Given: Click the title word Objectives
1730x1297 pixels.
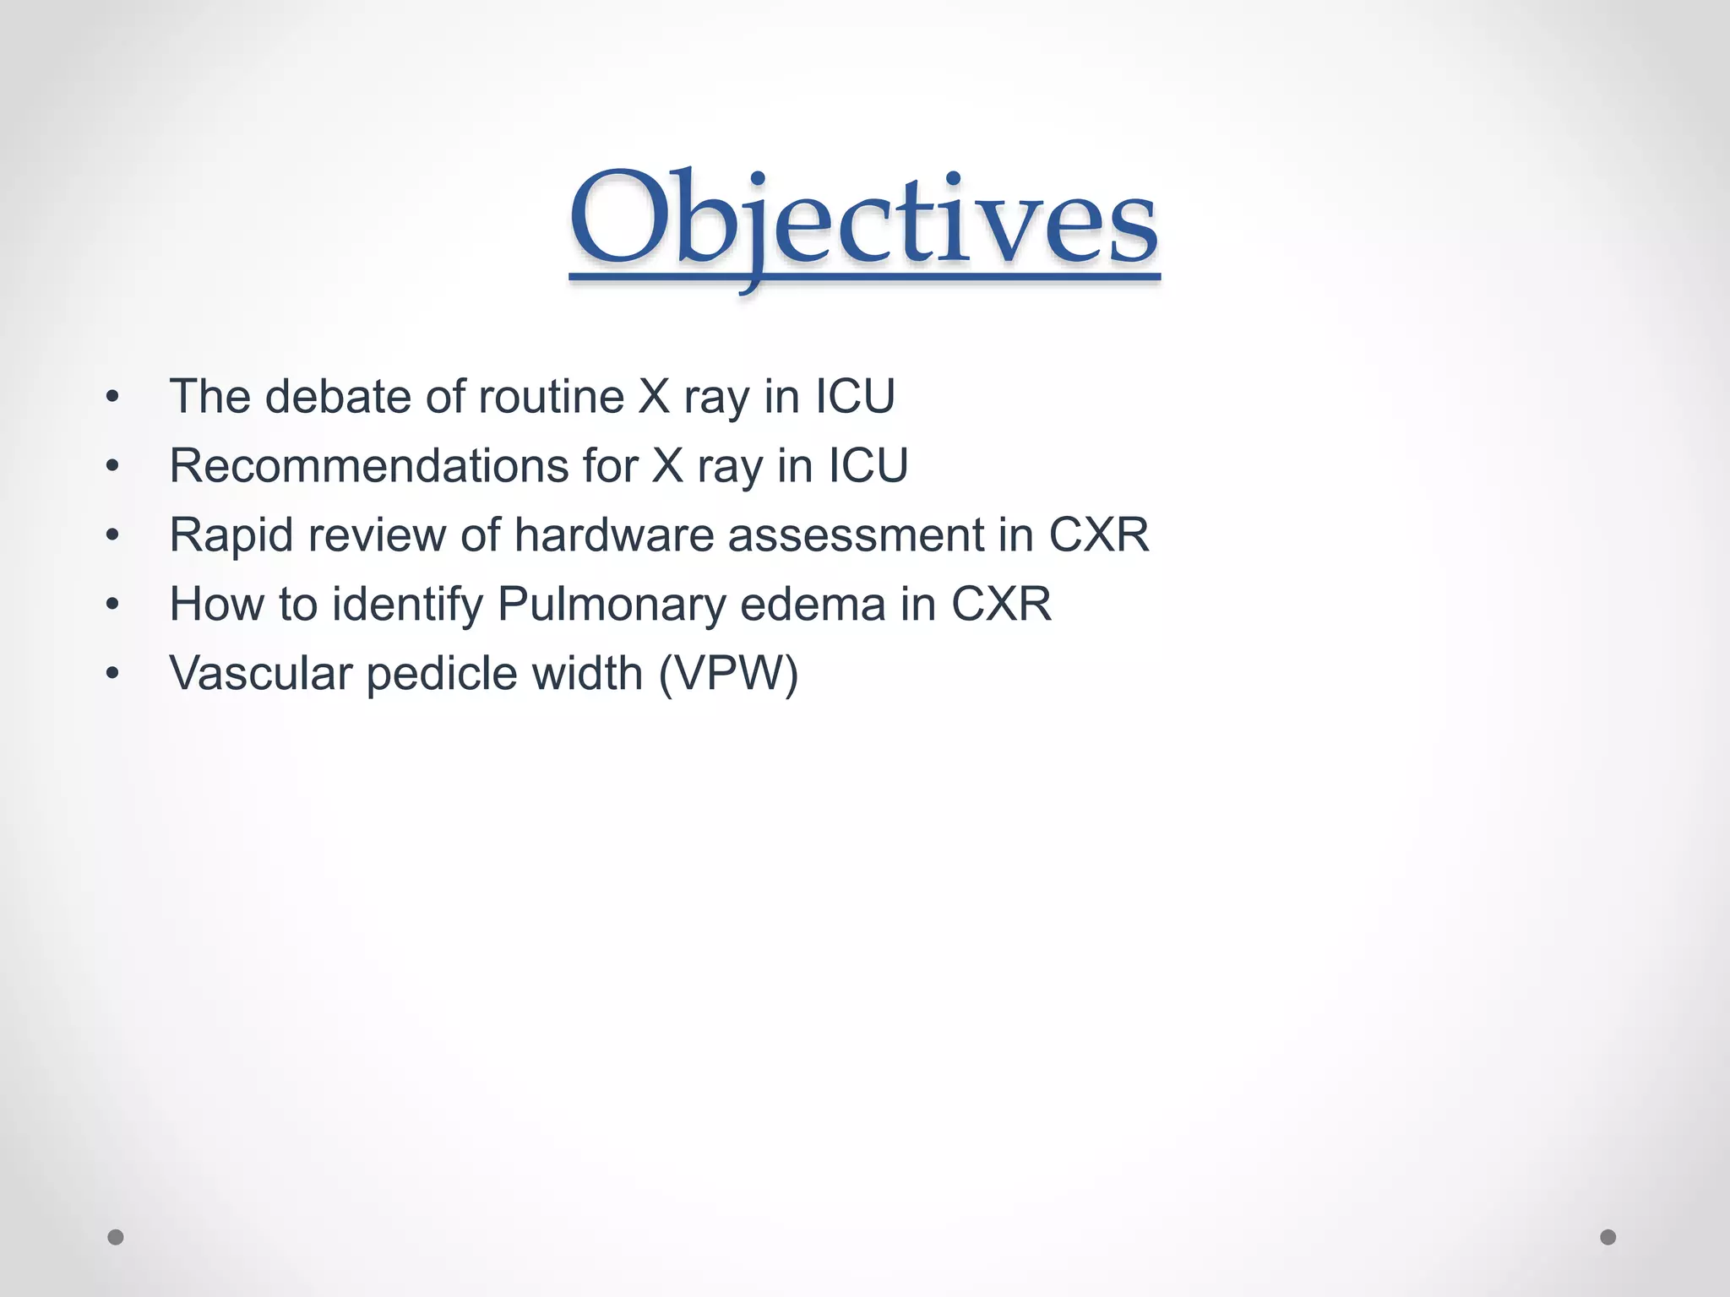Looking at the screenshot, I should (x=863, y=221).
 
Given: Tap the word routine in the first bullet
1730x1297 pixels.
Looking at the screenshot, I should (x=552, y=396).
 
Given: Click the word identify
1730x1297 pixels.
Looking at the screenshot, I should (x=407, y=605).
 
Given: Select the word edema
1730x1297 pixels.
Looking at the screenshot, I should (x=812, y=605).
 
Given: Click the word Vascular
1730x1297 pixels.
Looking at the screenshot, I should (x=260, y=674).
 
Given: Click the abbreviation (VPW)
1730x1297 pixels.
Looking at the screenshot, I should (x=728, y=674).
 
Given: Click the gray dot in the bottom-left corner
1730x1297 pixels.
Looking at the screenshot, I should (x=116, y=1237).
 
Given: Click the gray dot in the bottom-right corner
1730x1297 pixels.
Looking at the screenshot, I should (x=1608, y=1237).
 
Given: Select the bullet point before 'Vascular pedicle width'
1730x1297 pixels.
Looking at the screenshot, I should (x=113, y=675).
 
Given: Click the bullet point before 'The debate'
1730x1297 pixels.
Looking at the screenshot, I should (x=113, y=397).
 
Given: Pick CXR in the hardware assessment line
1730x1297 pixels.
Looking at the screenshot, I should (x=1099, y=535).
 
